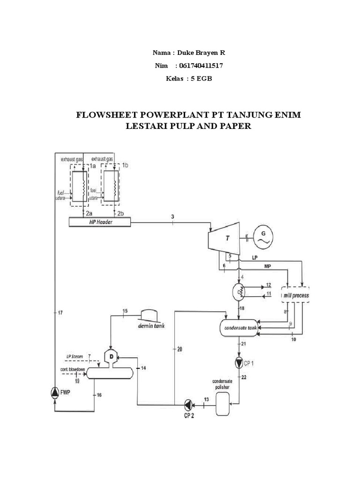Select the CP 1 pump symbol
click(240, 362)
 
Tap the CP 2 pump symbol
click(187, 404)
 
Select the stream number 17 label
click(60, 313)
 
